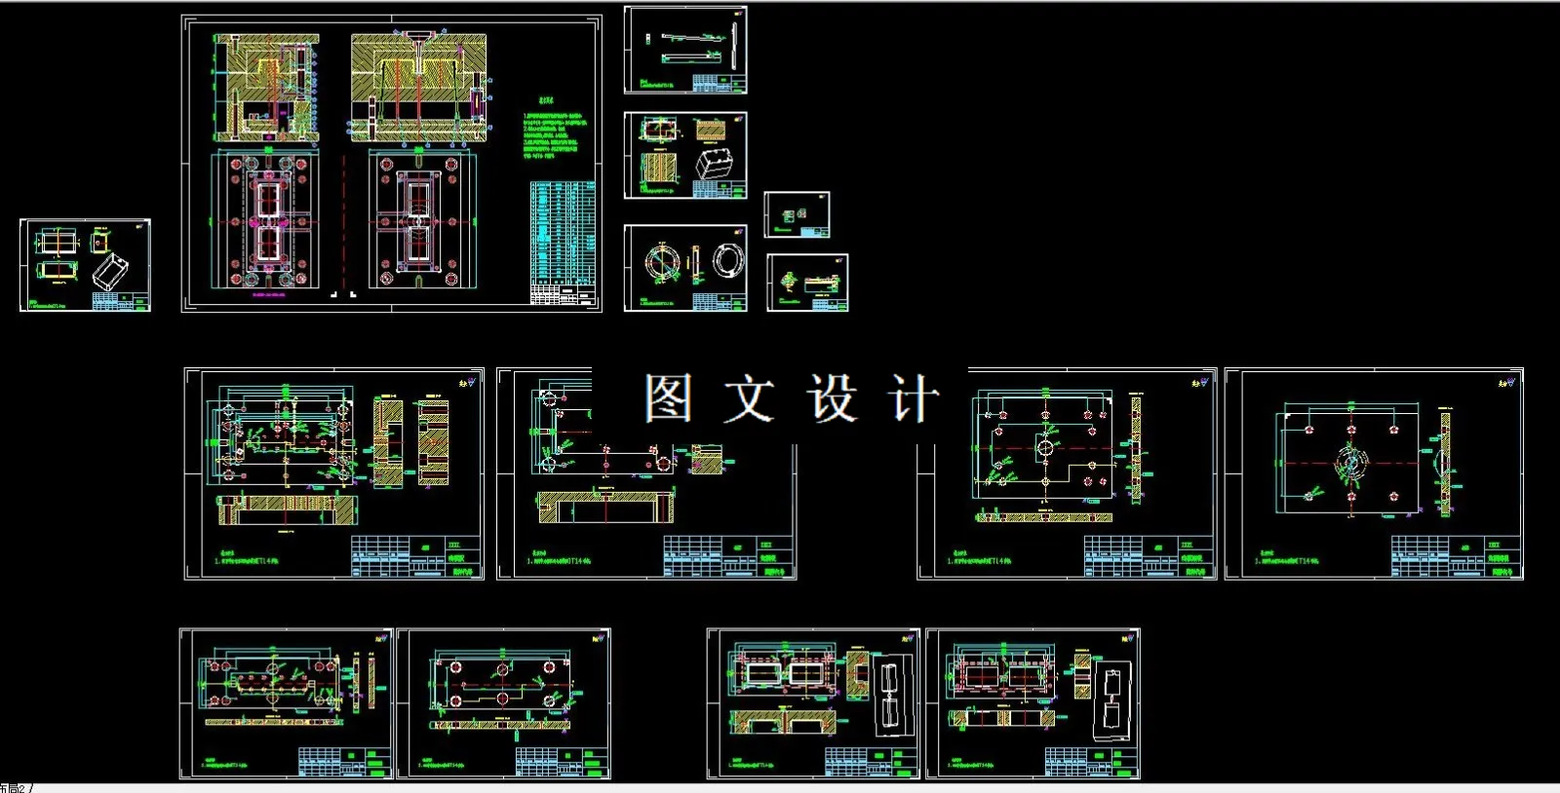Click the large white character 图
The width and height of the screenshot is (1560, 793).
click(x=669, y=398)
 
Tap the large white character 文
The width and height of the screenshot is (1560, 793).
click(x=749, y=398)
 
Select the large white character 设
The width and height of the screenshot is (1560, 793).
click(x=831, y=398)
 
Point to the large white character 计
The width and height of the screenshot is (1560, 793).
click(x=913, y=398)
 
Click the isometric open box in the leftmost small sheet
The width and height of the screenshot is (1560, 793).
click(x=110, y=271)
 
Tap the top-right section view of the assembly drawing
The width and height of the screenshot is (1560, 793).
click(x=418, y=88)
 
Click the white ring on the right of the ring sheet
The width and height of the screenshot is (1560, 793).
click(x=727, y=260)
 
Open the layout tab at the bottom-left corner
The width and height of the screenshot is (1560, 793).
click(x=14, y=787)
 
